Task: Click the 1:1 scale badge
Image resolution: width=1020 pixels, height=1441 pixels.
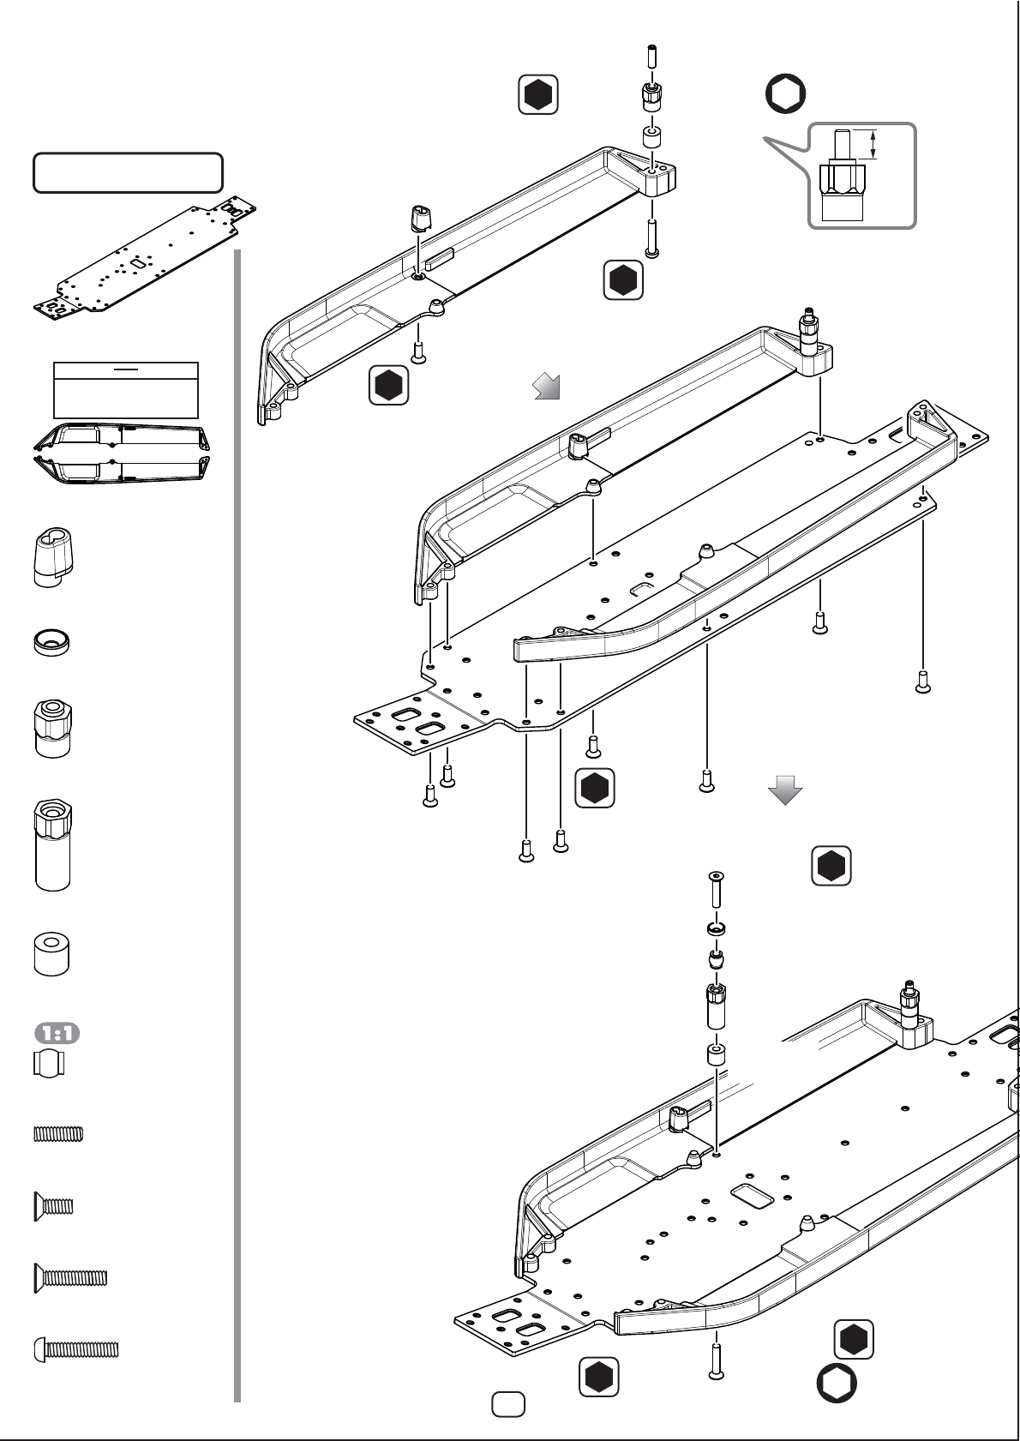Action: pos(57,1033)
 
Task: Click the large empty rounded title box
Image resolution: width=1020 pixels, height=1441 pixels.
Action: pos(128,172)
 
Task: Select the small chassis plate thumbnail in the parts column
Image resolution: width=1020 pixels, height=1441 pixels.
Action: pos(144,261)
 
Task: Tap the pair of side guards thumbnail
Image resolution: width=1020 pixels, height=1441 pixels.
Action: pos(122,453)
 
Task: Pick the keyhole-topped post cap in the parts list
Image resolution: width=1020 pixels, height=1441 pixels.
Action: pos(53,557)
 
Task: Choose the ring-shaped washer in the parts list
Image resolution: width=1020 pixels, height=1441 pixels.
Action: pos(51,642)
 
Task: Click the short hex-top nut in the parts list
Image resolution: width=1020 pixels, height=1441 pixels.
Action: pos(53,729)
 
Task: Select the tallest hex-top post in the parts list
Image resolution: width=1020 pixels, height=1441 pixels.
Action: pos(53,844)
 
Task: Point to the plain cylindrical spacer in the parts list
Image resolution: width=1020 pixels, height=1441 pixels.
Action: pos(51,953)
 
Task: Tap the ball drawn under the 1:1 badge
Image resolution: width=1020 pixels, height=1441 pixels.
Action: pos(49,1063)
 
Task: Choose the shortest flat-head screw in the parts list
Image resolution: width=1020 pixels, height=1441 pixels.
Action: pos(53,1205)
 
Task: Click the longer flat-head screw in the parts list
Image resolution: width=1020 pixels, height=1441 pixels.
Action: pos(70,1277)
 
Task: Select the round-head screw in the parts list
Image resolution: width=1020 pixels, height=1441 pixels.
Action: pos(76,1349)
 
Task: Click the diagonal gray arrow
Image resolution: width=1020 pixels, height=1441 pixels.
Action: pos(547,386)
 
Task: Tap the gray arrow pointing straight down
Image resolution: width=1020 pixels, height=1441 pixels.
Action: pos(785,790)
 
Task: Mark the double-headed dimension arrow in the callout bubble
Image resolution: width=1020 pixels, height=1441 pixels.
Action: pos(873,144)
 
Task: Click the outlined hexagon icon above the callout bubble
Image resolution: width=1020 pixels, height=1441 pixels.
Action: pos(785,93)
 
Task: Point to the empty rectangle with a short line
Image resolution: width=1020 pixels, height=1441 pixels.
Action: pos(126,390)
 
